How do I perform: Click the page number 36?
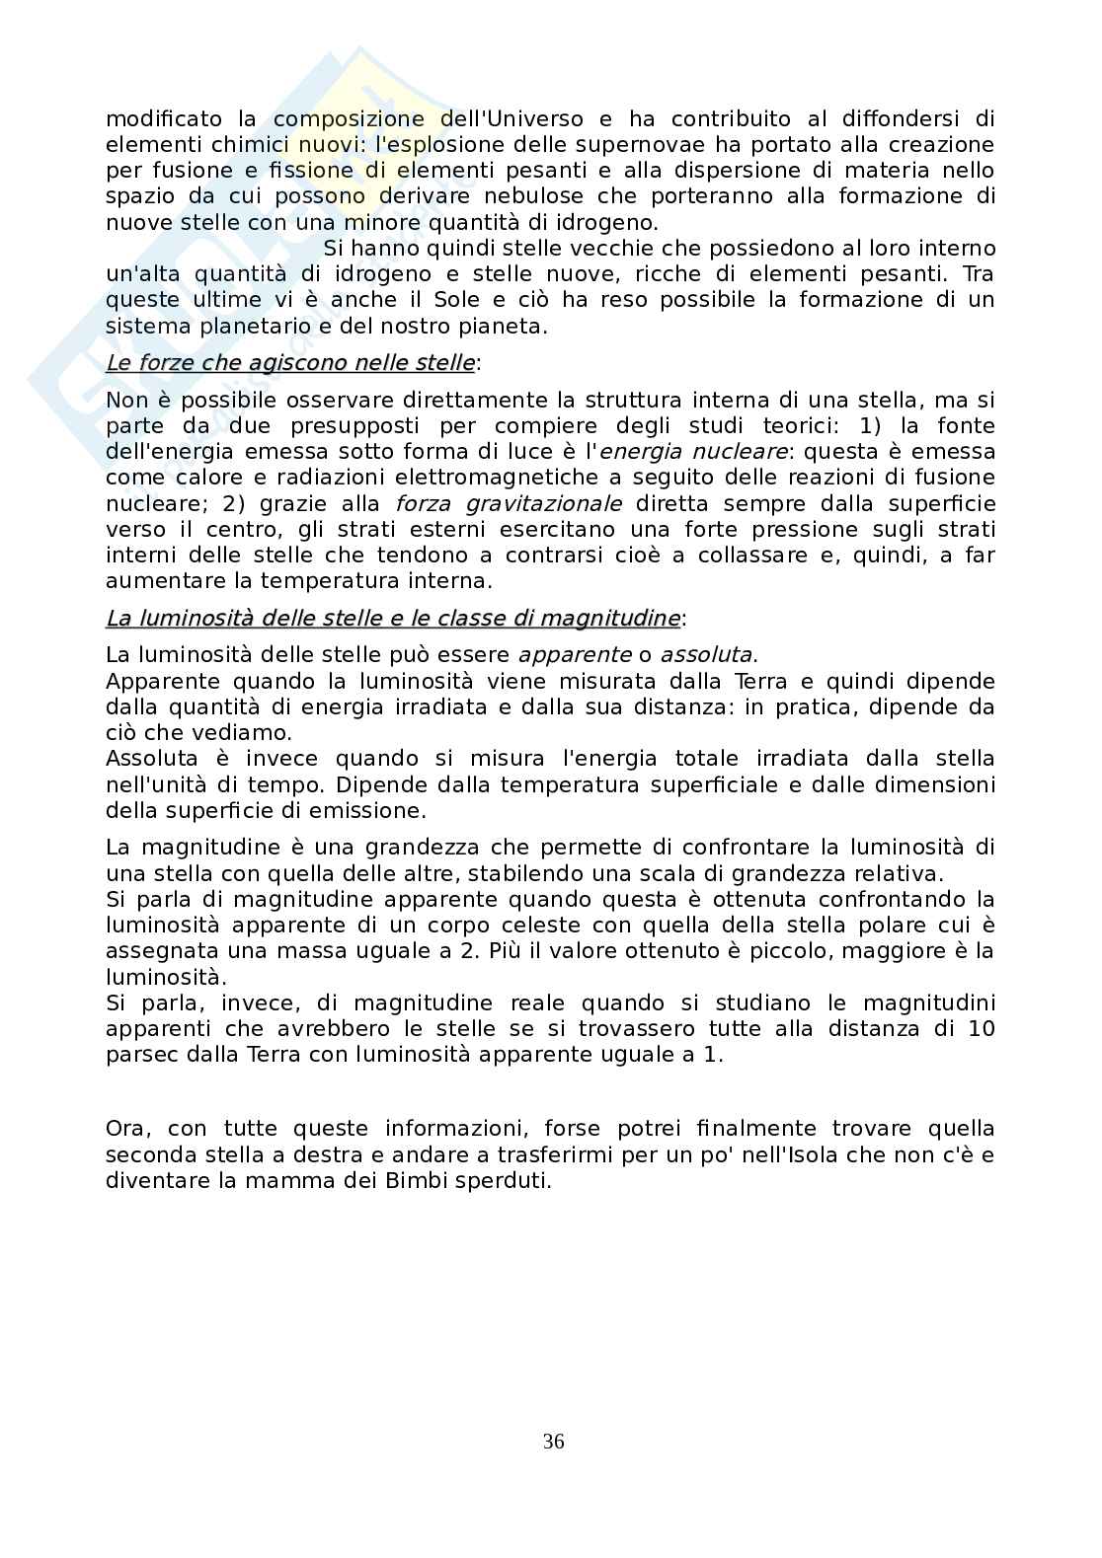click(553, 1442)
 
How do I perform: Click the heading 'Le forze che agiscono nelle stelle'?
click(289, 363)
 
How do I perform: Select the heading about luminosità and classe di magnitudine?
click(392, 619)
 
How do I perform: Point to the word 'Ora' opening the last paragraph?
click(126, 1129)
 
